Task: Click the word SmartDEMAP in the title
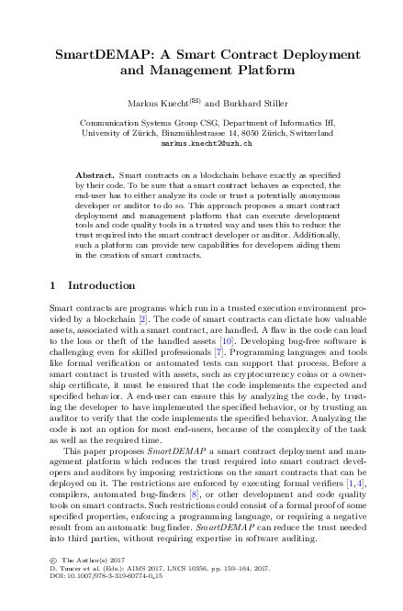pyautogui.click(x=100, y=54)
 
